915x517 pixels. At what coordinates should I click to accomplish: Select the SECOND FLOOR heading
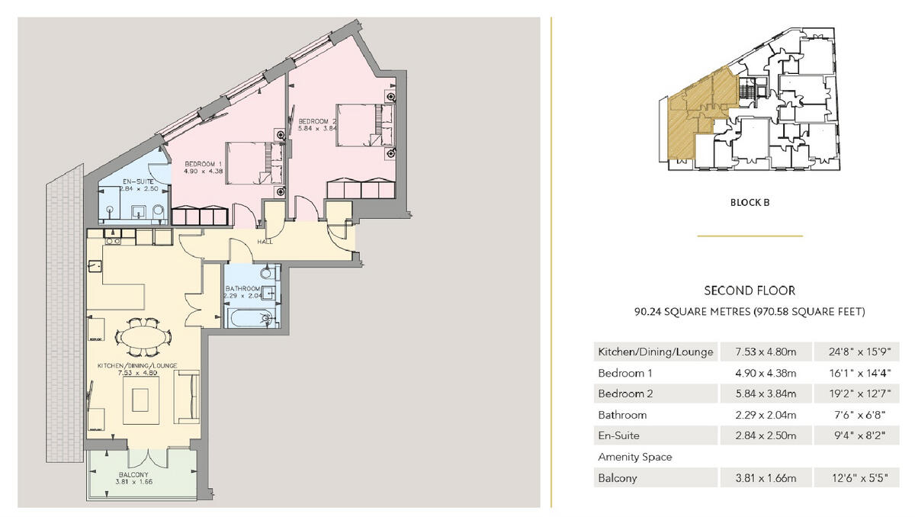coord(750,291)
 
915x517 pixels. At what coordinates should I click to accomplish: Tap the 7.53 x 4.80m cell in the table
coord(766,352)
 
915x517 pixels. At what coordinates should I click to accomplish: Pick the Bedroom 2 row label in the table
coord(625,394)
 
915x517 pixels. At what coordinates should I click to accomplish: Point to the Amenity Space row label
coord(635,457)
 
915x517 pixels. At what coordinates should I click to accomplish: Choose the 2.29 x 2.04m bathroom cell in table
coord(766,415)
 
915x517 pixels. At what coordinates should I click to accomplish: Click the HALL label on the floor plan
coord(265,242)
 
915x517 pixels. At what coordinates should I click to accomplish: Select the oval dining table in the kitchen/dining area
coord(143,336)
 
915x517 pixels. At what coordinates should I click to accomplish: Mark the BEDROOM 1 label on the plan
coord(204,163)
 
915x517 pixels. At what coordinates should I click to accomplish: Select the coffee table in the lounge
coord(143,400)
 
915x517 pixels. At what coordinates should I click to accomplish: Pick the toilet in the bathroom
coord(266,273)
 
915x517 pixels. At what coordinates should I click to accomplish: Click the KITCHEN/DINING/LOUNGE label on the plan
coord(137,366)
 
